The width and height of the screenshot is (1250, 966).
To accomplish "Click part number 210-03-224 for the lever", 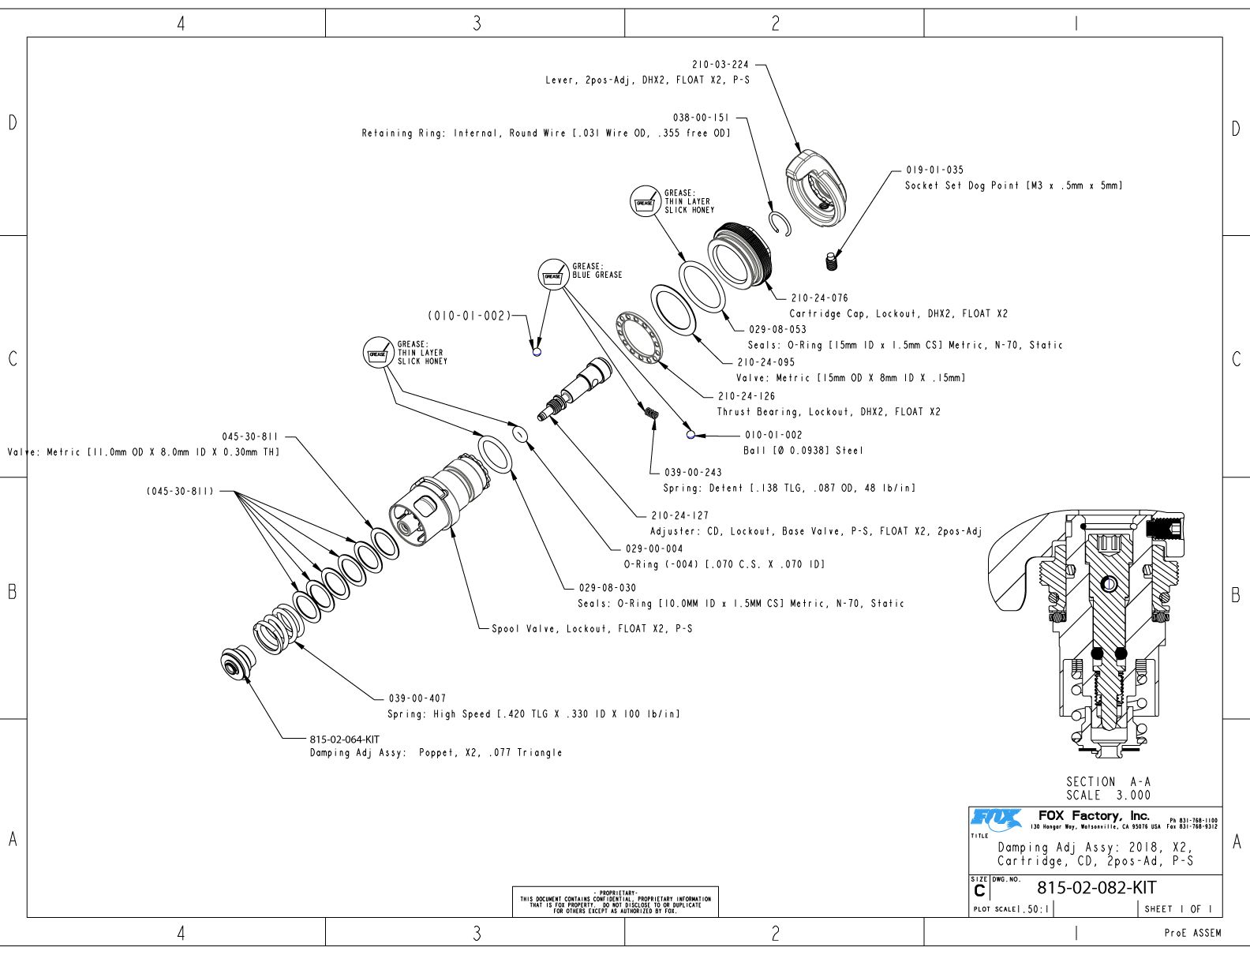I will tap(720, 65).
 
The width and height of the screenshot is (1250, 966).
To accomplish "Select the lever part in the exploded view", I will tap(816, 188).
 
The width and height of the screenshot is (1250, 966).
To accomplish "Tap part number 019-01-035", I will tap(934, 170).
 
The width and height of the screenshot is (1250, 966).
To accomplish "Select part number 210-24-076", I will tap(819, 298).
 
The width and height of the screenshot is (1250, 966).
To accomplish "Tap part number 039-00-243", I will tap(692, 473).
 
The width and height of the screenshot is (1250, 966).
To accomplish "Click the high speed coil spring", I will tap(275, 628).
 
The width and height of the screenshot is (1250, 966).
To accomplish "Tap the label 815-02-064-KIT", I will tap(344, 739).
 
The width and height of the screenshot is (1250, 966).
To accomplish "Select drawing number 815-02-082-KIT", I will tap(1096, 888).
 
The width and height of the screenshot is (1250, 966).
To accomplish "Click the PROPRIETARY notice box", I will tap(615, 901).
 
